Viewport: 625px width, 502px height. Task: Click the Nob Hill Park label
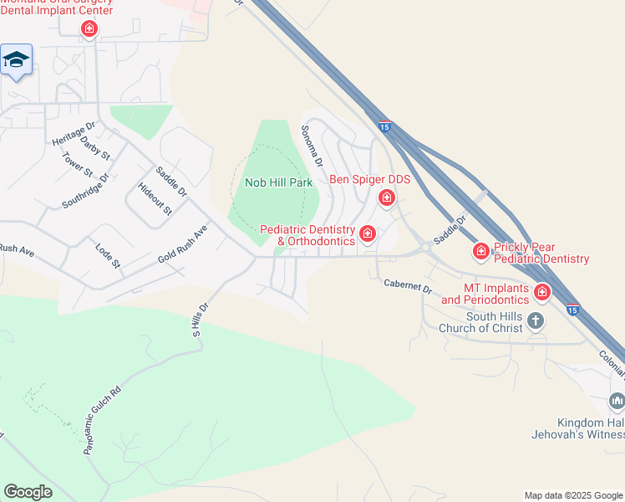click(278, 182)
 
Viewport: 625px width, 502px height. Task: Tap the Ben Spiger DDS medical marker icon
click(386, 198)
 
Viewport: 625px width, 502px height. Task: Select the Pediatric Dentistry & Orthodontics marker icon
click(367, 233)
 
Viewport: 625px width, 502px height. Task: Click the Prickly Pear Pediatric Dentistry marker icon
click(480, 250)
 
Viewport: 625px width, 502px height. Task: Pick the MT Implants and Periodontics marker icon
click(542, 292)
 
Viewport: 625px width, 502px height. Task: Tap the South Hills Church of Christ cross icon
click(536, 320)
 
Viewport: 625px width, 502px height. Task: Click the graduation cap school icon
click(17, 60)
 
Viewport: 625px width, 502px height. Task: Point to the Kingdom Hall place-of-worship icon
click(617, 402)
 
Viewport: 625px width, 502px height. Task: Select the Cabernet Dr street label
click(408, 285)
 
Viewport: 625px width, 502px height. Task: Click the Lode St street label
click(109, 256)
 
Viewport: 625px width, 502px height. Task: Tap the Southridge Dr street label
click(86, 192)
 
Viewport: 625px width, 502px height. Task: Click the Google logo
click(28, 492)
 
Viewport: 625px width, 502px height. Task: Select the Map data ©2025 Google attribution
click(572, 496)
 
